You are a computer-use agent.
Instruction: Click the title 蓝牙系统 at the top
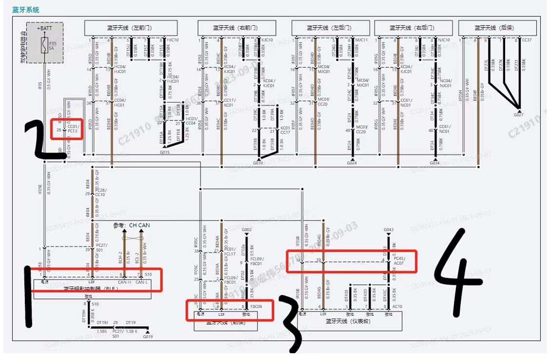[26, 10]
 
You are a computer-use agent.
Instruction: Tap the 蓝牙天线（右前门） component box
[236, 28]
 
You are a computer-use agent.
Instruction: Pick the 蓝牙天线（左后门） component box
[331, 28]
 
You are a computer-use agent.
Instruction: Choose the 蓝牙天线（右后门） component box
[412, 28]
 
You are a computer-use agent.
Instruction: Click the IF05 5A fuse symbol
[45, 46]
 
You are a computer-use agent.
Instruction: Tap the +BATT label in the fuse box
[45, 29]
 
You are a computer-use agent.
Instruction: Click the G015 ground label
[164, 152]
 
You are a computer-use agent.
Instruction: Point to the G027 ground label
[518, 115]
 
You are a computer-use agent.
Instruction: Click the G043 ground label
[389, 229]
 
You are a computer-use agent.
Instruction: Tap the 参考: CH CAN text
[132, 225]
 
